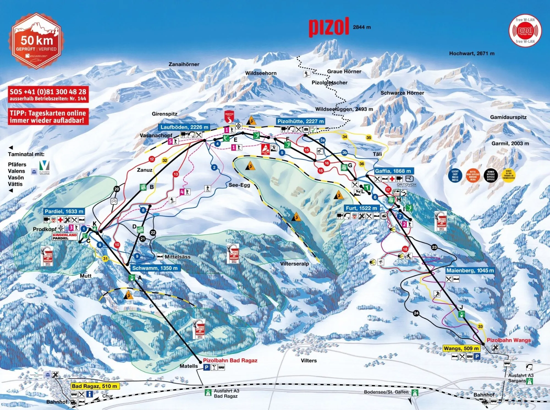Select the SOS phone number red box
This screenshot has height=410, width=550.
tap(48, 94)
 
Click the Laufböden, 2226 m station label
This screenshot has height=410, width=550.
tap(184, 127)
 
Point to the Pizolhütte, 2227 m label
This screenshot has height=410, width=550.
tap(300, 121)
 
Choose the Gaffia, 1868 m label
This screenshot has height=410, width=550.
tap(393, 171)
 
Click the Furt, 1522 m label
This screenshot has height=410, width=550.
tap(361, 208)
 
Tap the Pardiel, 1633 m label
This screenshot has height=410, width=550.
tap(64, 211)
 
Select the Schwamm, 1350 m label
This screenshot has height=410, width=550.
tap(155, 268)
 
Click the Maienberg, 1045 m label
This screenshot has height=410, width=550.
tap(470, 270)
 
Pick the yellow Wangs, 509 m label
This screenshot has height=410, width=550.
tap(461, 348)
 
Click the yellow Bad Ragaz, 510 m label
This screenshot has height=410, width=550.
tap(95, 386)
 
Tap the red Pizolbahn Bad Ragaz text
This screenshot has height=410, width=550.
tap(230, 360)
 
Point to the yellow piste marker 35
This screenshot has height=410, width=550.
tap(369, 138)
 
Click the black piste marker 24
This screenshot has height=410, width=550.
tap(416, 313)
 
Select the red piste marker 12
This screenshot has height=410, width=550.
tap(152, 159)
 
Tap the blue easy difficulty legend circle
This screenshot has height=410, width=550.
tap(455, 175)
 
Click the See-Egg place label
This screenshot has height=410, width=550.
tap(239, 185)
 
